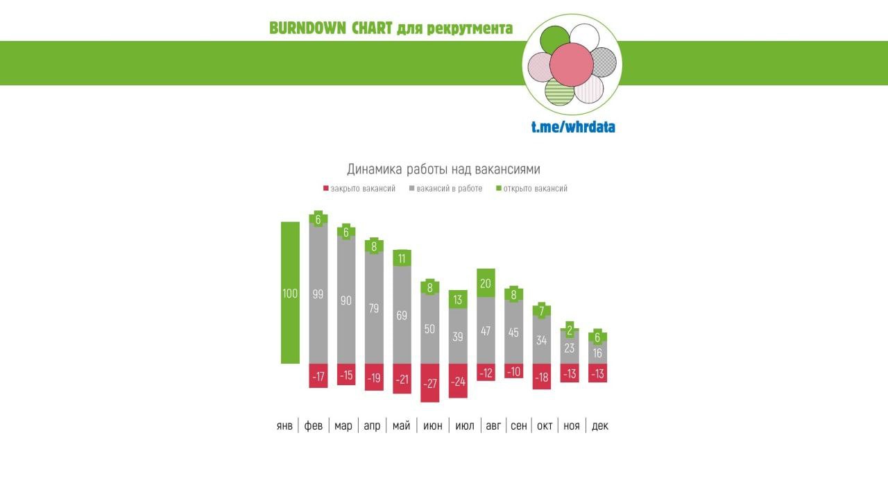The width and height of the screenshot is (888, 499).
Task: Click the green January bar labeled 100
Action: coord(290,293)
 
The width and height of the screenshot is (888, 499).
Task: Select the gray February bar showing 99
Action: coord(318,294)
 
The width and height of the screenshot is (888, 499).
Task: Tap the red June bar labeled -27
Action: coord(430,382)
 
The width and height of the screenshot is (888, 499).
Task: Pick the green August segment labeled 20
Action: coord(486,282)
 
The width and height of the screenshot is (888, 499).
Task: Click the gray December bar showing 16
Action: coord(598,353)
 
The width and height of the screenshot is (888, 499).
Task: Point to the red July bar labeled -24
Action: coord(458,380)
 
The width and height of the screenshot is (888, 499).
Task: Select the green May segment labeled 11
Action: coord(402,258)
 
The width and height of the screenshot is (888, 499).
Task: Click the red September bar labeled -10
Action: coord(514,372)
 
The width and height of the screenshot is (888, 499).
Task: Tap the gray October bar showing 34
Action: coord(542,340)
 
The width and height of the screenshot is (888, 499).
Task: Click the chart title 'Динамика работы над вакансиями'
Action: coord(443,169)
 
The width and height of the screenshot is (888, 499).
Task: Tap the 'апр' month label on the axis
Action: coord(373,425)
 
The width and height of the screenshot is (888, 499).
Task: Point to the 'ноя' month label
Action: coord(572,425)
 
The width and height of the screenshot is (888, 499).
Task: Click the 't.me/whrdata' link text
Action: coord(573,127)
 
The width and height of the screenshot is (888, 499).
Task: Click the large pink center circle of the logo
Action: coord(572,65)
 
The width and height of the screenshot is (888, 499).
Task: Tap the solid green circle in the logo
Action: coord(554,40)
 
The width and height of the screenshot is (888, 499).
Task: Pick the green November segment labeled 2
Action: coord(570,331)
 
